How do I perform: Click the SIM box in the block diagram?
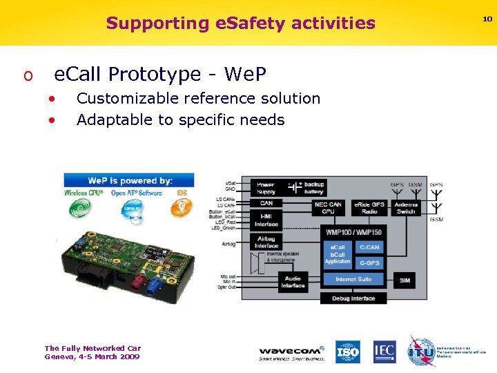coord(405,281)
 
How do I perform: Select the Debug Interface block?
coord(353,298)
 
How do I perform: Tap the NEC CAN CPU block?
coord(328,207)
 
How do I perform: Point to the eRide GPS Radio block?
coord(370,207)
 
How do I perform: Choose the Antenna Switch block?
coord(406,207)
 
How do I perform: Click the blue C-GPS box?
coord(369,262)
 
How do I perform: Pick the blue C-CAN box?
coord(369,247)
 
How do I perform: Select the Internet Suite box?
coord(353,280)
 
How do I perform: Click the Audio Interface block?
coord(293,281)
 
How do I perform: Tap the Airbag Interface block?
coord(266,242)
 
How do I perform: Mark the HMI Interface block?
coord(266,220)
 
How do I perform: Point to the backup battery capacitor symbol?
coord(295,187)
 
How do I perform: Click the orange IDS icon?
coord(182,206)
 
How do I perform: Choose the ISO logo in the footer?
coord(348,352)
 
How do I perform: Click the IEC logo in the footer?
coord(384,352)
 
